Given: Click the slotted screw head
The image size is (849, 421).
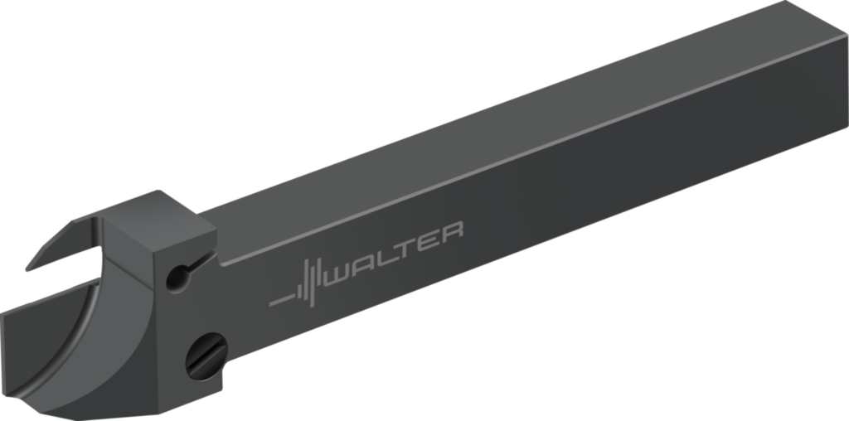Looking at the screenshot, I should (205, 356).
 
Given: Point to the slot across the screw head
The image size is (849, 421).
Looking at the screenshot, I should (205, 356).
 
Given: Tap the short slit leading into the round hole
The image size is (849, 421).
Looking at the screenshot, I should (197, 264).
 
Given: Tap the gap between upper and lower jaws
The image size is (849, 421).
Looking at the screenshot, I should (66, 278).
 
